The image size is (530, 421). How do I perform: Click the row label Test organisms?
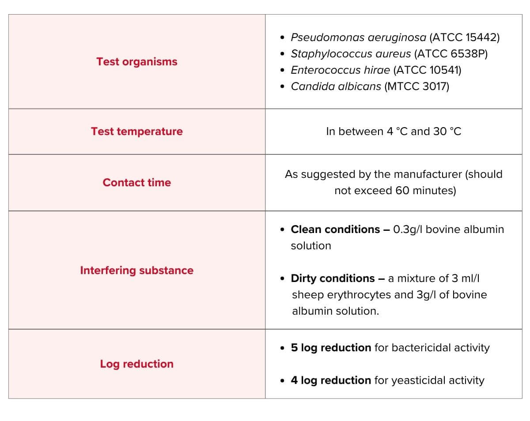click(137, 62)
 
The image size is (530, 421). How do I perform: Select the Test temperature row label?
click(137, 132)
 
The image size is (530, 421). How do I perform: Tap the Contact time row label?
click(137, 183)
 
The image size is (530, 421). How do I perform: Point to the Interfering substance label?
click(137, 271)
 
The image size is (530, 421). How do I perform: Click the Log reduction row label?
click(137, 364)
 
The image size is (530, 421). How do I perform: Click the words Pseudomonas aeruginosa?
click(358, 38)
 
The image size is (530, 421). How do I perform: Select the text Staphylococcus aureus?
click(351, 54)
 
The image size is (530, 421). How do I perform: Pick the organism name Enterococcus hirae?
click(340, 70)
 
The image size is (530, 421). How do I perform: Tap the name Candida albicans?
click(336, 86)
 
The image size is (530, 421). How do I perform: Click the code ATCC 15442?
click(464, 38)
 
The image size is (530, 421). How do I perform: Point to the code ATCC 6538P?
click(451, 54)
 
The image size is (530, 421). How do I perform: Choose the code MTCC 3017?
click(416, 86)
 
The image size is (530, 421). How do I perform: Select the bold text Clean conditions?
click(335, 229)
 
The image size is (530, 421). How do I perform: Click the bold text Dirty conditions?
click(333, 278)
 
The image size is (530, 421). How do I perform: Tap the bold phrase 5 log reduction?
click(331, 348)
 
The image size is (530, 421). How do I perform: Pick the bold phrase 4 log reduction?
click(331, 380)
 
